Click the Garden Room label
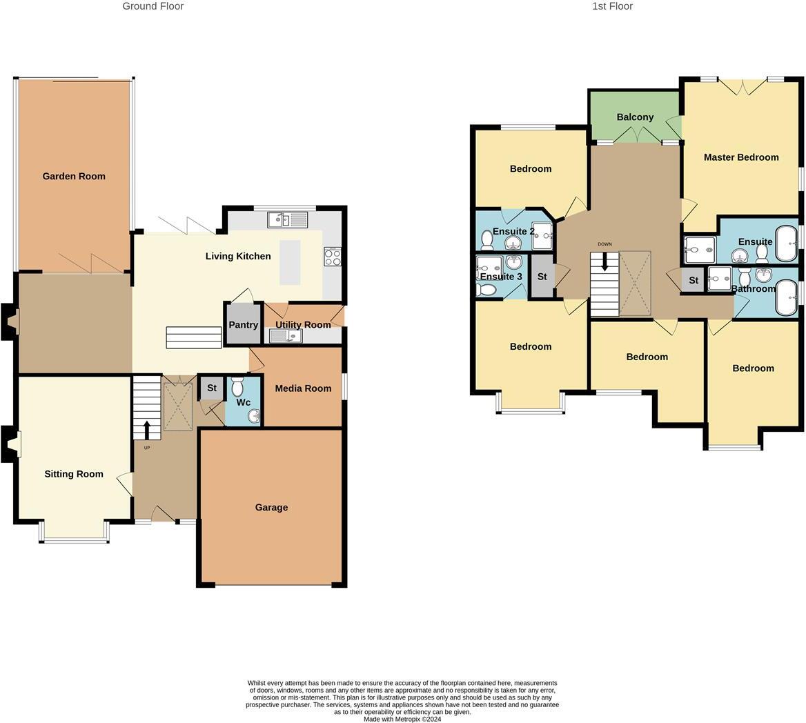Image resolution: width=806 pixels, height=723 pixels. [74, 176]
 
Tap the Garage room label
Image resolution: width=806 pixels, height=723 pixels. [271, 507]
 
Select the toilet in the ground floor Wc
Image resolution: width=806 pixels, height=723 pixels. [237, 387]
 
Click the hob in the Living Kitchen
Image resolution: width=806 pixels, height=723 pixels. [332, 257]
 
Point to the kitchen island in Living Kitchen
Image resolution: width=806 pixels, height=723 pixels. [290, 262]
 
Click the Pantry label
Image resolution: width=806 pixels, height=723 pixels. [243, 325]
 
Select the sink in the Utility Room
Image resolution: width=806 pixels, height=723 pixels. [285, 336]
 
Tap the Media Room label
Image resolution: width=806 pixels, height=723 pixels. [303, 388]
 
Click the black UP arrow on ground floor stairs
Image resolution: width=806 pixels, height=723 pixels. [146, 430]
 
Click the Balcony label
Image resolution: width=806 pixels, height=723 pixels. [635, 117]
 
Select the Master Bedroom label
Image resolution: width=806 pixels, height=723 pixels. [741, 157]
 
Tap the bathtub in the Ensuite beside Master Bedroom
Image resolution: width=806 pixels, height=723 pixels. [786, 241]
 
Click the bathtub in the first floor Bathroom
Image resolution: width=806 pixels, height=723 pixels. [786, 297]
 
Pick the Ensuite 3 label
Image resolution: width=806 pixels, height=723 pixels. [501, 277]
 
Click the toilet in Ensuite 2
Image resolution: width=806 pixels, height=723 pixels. [486, 240]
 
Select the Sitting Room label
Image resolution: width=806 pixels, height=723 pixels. [74, 474]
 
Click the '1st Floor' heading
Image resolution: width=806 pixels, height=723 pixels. [612, 6]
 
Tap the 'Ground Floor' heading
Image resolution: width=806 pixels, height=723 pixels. [153, 6]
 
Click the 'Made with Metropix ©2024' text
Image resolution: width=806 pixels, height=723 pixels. [402, 719]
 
